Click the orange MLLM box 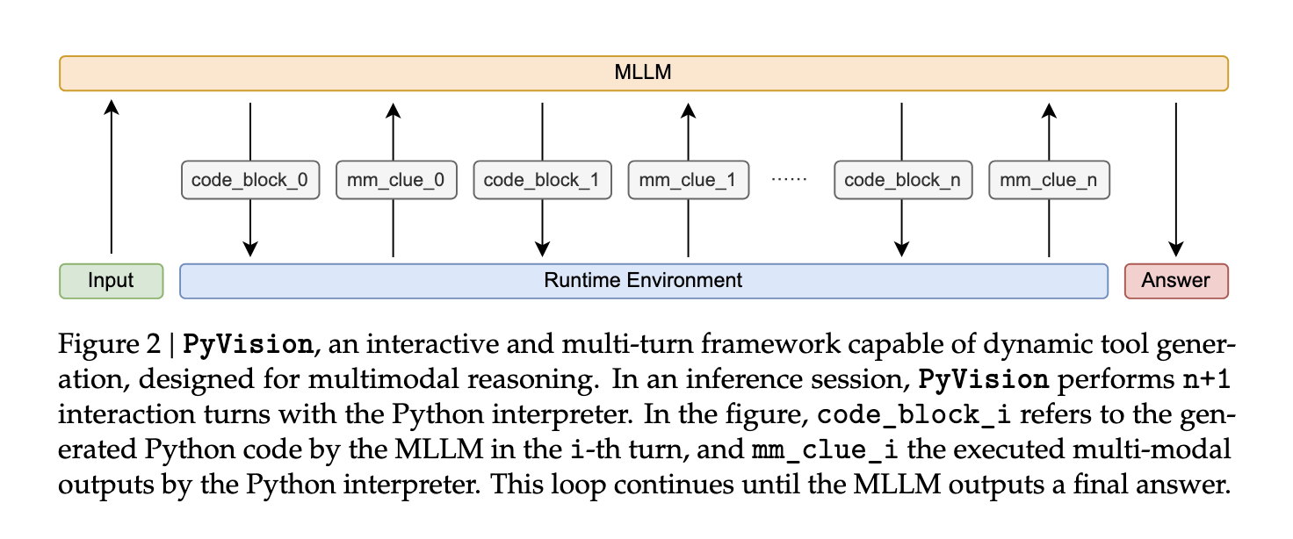(x=643, y=73)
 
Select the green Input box (x=111, y=281)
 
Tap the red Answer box (x=1175, y=281)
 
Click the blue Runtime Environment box (x=643, y=281)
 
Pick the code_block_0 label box (x=250, y=181)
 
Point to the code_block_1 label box (x=542, y=181)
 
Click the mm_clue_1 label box (x=688, y=181)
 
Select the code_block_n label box (x=902, y=181)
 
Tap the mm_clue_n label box (x=1049, y=181)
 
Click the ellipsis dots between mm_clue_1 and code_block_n (x=788, y=180)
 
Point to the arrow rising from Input (x=111, y=176)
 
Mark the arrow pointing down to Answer (x=1175, y=176)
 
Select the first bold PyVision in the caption (x=247, y=344)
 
